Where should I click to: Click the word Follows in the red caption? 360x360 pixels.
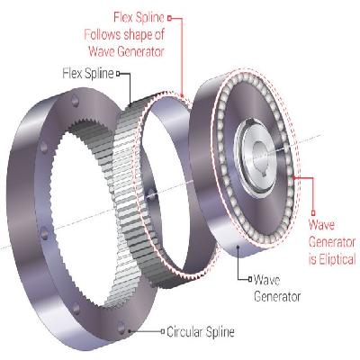pos(103,35)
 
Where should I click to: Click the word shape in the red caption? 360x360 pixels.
pos(137,35)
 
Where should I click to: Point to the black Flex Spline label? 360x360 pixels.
pos(88,74)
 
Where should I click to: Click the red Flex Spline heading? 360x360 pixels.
pos(139,18)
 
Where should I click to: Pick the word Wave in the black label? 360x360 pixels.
pos(266,280)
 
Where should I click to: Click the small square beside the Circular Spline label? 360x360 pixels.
pos(163,331)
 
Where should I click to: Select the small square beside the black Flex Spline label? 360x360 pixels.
pos(118,74)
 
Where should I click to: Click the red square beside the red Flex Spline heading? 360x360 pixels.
pos(169,18)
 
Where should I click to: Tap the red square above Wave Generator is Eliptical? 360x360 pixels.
pos(313,213)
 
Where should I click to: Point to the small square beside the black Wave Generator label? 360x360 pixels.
pos(249,279)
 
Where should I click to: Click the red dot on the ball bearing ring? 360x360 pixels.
pos(294,177)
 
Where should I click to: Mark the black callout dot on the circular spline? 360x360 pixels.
pos(129,331)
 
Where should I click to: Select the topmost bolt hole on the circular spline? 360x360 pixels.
pos(75,101)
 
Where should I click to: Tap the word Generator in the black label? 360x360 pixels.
pos(277,297)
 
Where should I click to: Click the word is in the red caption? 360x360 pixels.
pos(312,260)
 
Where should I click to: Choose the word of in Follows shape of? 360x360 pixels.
pos(159,35)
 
